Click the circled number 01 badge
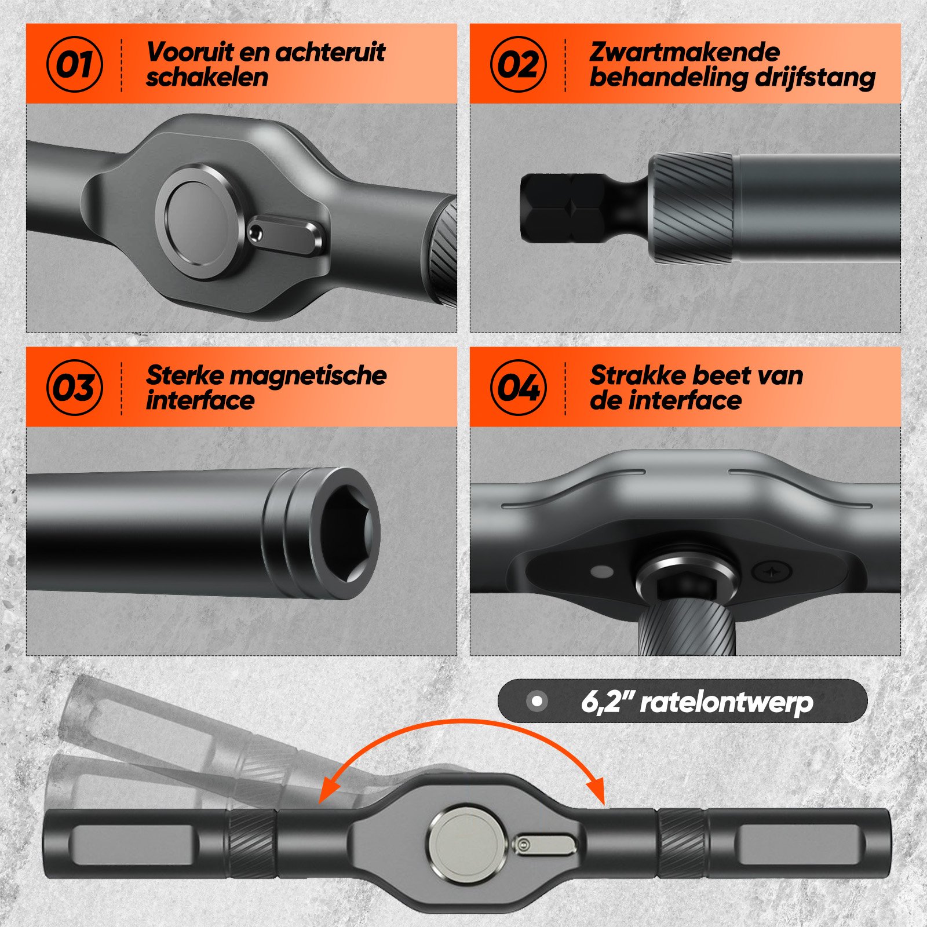click(75, 64)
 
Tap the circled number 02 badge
click(519, 64)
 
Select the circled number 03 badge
click(75, 387)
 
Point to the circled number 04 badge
click(519, 387)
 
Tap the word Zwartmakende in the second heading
click(684, 52)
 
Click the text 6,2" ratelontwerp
click(697, 702)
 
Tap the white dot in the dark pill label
click(537, 702)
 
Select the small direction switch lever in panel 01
click(286, 235)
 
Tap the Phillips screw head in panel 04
click(771, 571)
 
